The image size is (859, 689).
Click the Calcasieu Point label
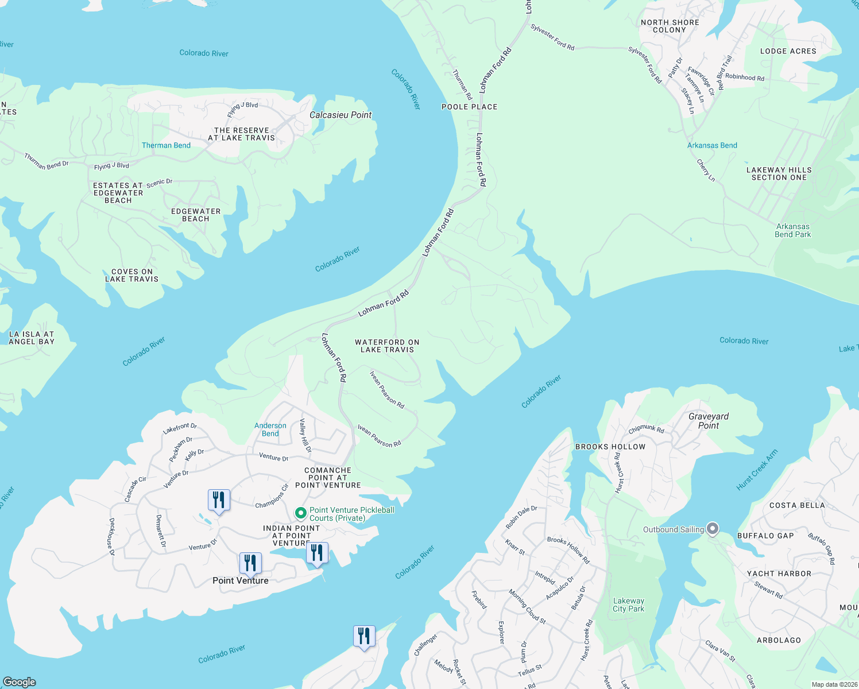click(x=340, y=115)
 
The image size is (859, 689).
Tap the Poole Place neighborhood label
click(x=469, y=107)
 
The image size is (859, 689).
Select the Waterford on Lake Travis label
click(x=387, y=346)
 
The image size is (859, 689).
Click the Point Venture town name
click(x=241, y=580)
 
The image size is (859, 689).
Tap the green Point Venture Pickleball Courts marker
click(x=300, y=513)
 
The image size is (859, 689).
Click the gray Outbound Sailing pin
click(x=713, y=528)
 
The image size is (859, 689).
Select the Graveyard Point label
click(x=709, y=421)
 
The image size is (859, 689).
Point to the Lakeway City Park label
click(x=628, y=605)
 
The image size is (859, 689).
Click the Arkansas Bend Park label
click(x=792, y=230)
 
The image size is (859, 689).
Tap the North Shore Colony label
click(x=670, y=26)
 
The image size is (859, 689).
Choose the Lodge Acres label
click(x=788, y=51)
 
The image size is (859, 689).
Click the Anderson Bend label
click(x=270, y=429)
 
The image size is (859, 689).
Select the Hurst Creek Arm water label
click(x=757, y=470)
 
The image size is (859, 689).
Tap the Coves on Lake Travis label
click(x=131, y=275)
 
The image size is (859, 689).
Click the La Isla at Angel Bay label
click(x=32, y=338)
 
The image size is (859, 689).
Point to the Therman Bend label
click(x=166, y=145)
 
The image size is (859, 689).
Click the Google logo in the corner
click(x=20, y=682)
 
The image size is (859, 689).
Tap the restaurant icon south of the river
click(x=364, y=637)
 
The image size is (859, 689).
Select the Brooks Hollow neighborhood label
click(x=610, y=447)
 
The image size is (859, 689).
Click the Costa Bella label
click(x=796, y=505)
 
